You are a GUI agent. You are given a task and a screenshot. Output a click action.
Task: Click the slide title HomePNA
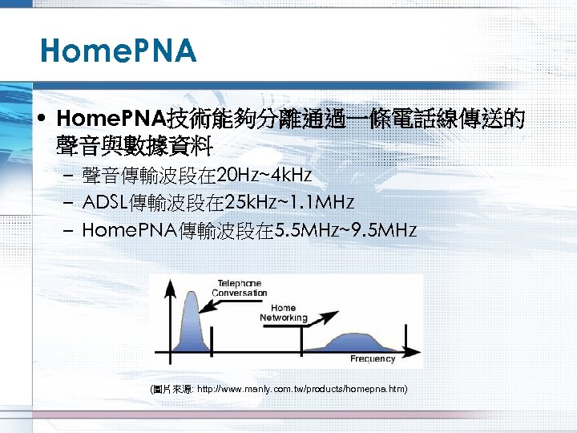pyautogui.click(x=118, y=52)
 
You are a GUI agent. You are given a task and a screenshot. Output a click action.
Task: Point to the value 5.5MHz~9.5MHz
pyautogui.click(x=345, y=231)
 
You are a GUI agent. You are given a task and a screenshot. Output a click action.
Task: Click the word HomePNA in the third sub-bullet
pyautogui.click(x=129, y=231)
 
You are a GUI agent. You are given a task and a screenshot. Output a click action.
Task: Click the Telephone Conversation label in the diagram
pyautogui.click(x=240, y=289)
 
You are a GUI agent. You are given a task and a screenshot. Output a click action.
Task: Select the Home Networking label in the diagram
pyautogui.click(x=283, y=313)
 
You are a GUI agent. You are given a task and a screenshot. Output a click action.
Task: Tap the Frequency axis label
pyautogui.click(x=373, y=358)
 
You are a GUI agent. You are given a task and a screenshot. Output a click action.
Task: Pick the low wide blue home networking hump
pyautogui.click(x=355, y=342)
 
